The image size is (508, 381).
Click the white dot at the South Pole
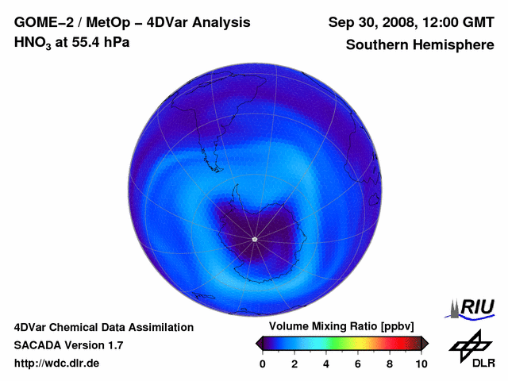click(x=254, y=239)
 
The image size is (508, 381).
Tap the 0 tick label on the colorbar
click(x=263, y=364)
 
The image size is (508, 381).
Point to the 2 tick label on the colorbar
click(x=294, y=364)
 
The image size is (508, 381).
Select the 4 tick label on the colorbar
click(x=326, y=364)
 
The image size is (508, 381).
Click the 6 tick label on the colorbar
click(x=358, y=364)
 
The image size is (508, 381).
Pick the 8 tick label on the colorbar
click(x=390, y=364)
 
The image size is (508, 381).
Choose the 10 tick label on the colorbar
click(x=421, y=364)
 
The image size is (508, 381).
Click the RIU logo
click(x=471, y=307)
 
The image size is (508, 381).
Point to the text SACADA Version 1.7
click(x=68, y=345)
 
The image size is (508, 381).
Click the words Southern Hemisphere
click(x=420, y=45)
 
